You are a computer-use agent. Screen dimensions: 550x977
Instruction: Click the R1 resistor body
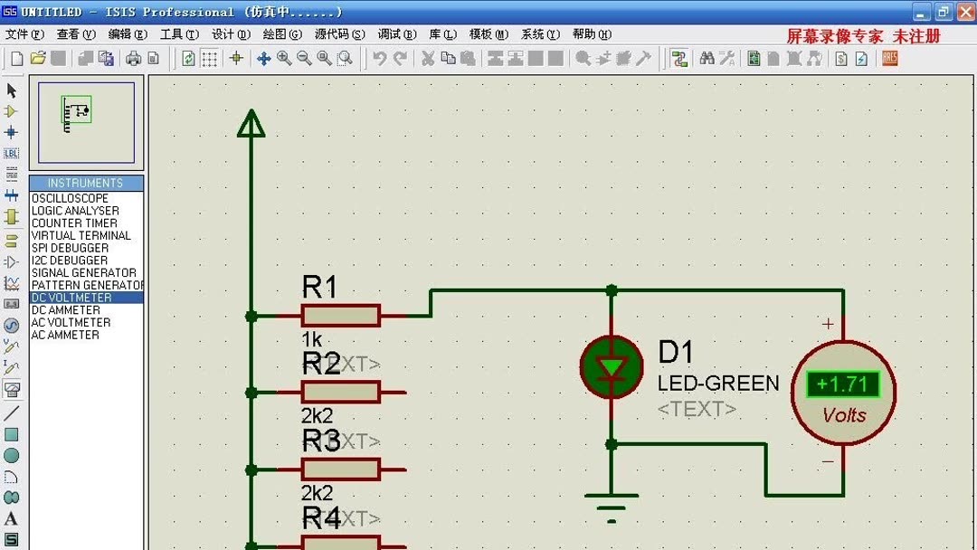coord(340,316)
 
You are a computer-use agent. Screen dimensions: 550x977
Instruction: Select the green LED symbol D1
coord(612,366)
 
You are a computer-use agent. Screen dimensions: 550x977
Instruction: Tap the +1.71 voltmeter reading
coord(842,384)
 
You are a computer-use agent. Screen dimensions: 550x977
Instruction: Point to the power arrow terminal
coord(251,124)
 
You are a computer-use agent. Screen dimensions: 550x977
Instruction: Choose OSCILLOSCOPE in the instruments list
coord(70,198)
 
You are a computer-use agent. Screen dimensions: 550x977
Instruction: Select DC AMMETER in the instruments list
coord(66,310)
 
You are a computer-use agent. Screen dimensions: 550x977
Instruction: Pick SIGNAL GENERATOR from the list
coord(84,272)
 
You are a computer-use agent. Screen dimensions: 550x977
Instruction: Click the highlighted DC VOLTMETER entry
coord(72,298)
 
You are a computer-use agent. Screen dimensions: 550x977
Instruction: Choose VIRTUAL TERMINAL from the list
coord(81,235)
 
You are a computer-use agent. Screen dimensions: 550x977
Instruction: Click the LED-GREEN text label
coord(718,384)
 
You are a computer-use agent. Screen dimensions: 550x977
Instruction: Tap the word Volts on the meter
coord(844,415)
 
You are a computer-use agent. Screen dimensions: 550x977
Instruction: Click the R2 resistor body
coord(340,393)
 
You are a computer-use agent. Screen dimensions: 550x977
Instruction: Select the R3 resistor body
coord(340,469)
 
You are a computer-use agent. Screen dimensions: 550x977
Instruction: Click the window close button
coord(965,12)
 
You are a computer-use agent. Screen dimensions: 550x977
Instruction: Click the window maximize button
coord(944,12)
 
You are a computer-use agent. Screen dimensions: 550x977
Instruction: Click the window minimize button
coord(922,12)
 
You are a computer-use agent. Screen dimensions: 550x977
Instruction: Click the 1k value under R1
coord(312,339)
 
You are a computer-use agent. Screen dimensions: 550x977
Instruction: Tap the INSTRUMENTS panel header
coord(86,183)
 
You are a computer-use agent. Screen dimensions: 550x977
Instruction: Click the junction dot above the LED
coord(612,290)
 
